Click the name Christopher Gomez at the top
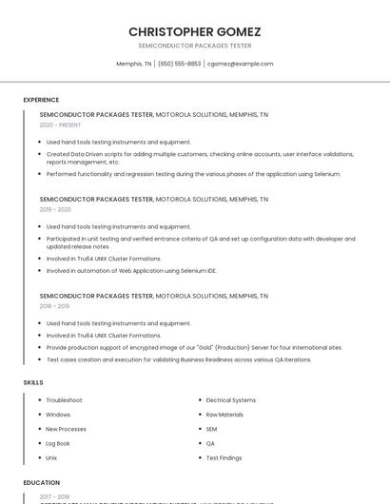pos(194,31)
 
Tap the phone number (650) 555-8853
pos(179,64)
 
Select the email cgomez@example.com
pos(240,64)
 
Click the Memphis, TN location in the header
pos(133,64)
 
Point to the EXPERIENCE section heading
pos(41,99)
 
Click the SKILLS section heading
pos(33,382)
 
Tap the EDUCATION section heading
pos(42,482)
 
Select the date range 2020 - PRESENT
pos(60,125)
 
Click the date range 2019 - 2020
pos(55,209)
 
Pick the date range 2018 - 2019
pos(54,306)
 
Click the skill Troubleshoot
pos(64,400)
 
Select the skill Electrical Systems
pos(230,400)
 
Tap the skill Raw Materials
pos(224,415)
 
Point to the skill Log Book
pos(58,443)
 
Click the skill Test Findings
pos(224,457)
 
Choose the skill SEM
pos(211,429)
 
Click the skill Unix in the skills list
pos(51,457)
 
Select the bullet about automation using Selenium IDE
pos(131,271)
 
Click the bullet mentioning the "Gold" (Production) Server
pos(194,347)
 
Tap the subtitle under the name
pos(194,46)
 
